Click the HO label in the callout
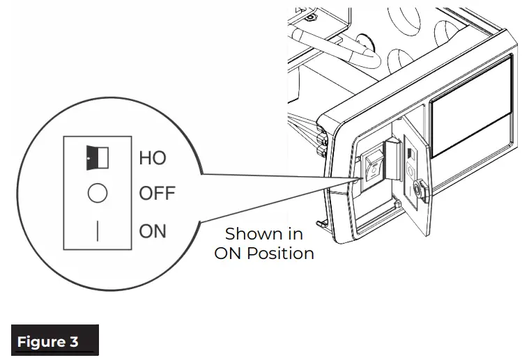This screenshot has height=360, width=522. click(x=153, y=157)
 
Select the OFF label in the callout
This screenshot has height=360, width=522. click(x=158, y=194)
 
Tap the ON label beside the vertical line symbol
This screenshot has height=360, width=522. click(x=153, y=230)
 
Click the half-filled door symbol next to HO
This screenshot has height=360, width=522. click(x=97, y=158)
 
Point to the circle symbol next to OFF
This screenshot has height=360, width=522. click(x=97, y=194)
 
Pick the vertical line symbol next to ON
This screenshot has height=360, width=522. click(x=97, y=231)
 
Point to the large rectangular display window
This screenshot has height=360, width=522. click(x=471, y=124)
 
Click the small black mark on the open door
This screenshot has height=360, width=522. click(x=410, y=152)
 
